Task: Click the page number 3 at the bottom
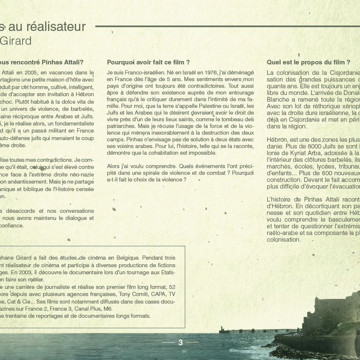coord(181,342)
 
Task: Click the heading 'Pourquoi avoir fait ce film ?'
coord(148,62)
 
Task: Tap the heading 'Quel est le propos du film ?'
coord(308,62)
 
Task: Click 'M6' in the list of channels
coord(108,309)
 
